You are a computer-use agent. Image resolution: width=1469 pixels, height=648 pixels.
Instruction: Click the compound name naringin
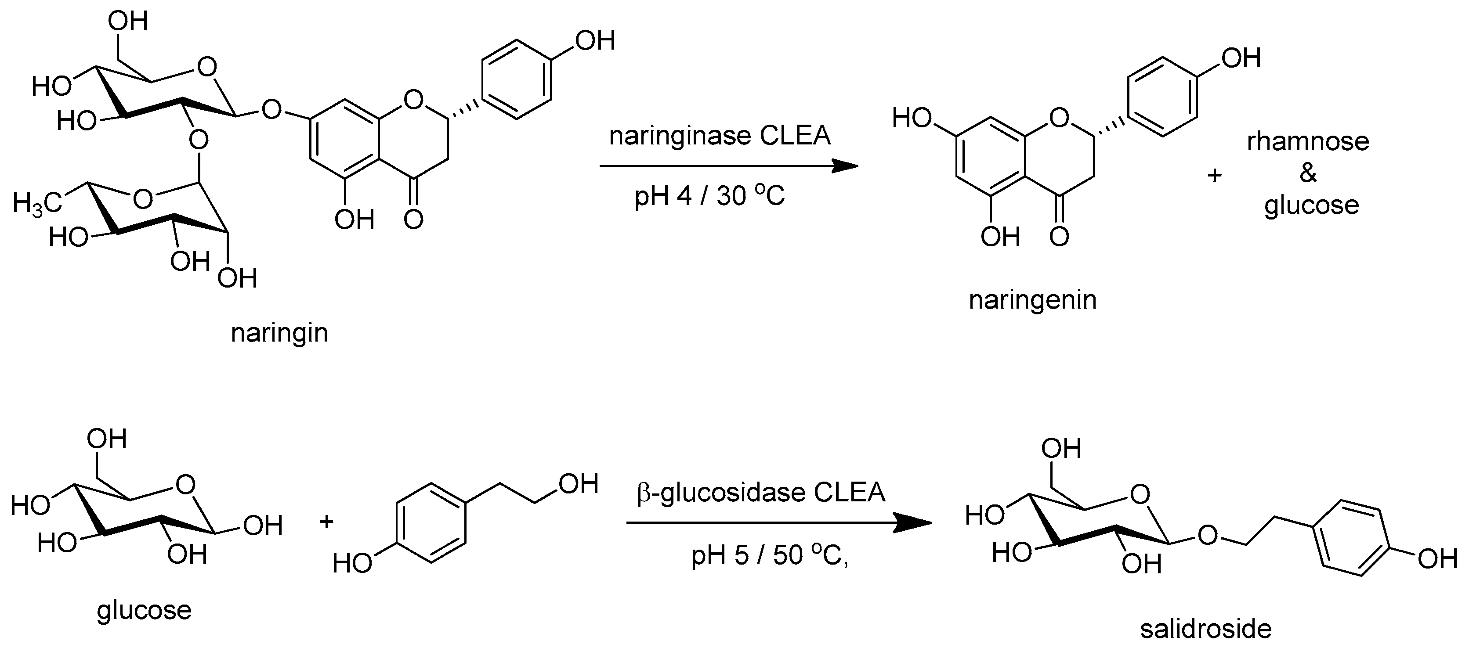tap(279, 333)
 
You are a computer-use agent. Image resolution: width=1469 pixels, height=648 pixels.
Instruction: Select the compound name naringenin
tap(1033, 300)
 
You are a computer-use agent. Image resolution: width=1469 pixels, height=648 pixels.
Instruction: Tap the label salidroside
tap(1205, 629)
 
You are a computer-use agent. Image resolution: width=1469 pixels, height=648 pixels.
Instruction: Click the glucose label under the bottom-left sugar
tap(144, 610)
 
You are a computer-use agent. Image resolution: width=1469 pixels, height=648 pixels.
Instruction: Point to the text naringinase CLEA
tap(720, 136)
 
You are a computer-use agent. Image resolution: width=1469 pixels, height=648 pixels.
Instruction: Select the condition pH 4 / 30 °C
tap(709, 196)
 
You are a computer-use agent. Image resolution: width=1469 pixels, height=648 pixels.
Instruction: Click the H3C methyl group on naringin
tap(36, 202)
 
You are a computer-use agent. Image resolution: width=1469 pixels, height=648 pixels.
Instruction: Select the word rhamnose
tap(1308, 141)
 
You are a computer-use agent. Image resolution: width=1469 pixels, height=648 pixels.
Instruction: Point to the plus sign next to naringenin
tap(1214, 175)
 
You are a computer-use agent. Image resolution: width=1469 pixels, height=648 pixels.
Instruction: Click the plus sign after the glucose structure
tap(326, 522)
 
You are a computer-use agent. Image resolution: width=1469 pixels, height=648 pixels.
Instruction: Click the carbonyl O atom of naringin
tap(413, 219)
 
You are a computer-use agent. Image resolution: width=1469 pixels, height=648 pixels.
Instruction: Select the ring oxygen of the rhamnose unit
tap(143, 199)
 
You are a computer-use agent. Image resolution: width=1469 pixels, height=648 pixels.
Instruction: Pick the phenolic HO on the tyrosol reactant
tap(352, 564)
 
